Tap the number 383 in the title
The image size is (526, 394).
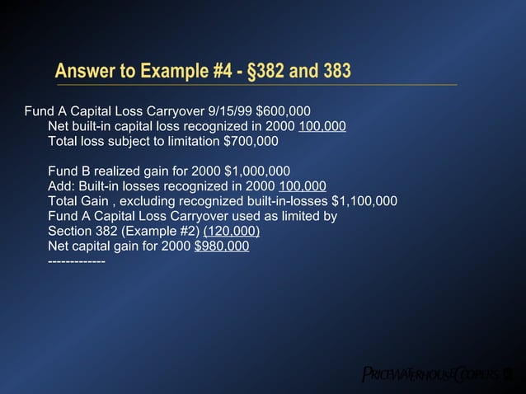pyautogui.click(x=332, y=73)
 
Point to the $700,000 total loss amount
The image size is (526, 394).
pyautogui.click(x=251, y=141)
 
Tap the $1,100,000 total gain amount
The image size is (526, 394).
pyautogui.click(x=364, y=200)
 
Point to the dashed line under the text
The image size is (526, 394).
pyautogui.click(x=76, y=261)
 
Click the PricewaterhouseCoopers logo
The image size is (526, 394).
pyautogui.click(x=438, y=372)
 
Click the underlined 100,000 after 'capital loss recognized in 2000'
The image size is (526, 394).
pyautogui.click(x=322, y=126)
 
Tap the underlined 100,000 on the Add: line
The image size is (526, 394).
pyautogui.click(x=303, y=185)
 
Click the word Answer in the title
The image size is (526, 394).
pyautogui.click(x=81, y=73)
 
